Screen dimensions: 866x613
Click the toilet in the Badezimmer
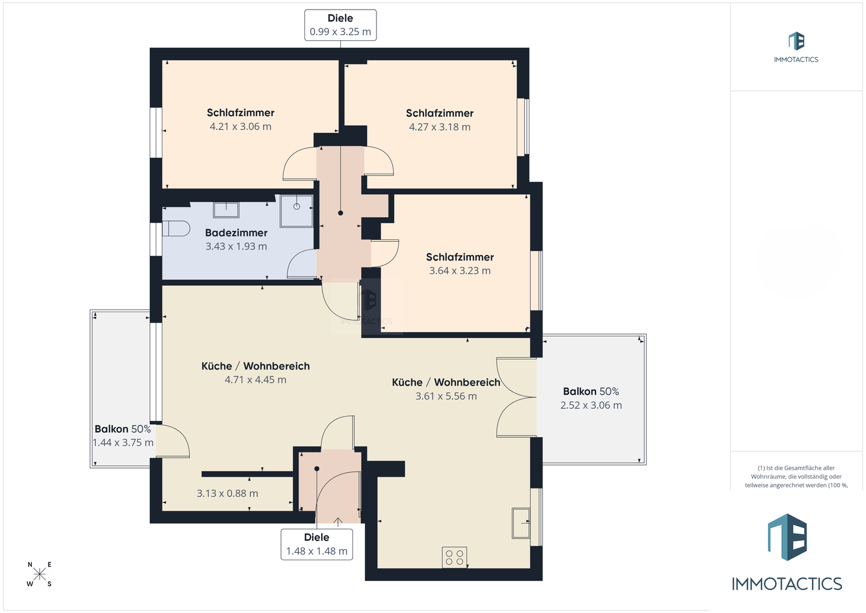(176, 229)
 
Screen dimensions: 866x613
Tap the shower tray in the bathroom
(296, 211)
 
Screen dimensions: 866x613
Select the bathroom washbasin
(226, 210)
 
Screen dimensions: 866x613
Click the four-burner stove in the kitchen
(455, 557)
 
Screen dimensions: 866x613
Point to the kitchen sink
(521, 523)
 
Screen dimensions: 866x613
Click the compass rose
(40, 574)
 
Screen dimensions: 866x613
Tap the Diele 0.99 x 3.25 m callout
(340, 25)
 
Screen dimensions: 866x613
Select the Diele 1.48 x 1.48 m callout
(316, 544)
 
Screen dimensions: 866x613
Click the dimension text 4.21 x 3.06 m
(241, 126)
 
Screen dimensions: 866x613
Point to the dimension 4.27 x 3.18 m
(440, 127)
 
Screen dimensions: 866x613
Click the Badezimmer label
(236, 233)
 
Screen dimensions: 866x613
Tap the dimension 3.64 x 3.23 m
(460, 271)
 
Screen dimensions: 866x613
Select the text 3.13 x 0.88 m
(227, 493)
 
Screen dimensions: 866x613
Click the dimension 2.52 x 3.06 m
(591, 405)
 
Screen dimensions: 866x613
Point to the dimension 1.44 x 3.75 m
(123, 442)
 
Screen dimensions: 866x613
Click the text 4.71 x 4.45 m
(256, 380)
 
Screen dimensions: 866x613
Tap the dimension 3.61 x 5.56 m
(446, 396)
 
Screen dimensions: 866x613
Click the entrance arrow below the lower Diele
(338, 522)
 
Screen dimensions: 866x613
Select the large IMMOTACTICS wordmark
(787, 584)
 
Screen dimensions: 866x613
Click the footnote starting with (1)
(796, 476)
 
